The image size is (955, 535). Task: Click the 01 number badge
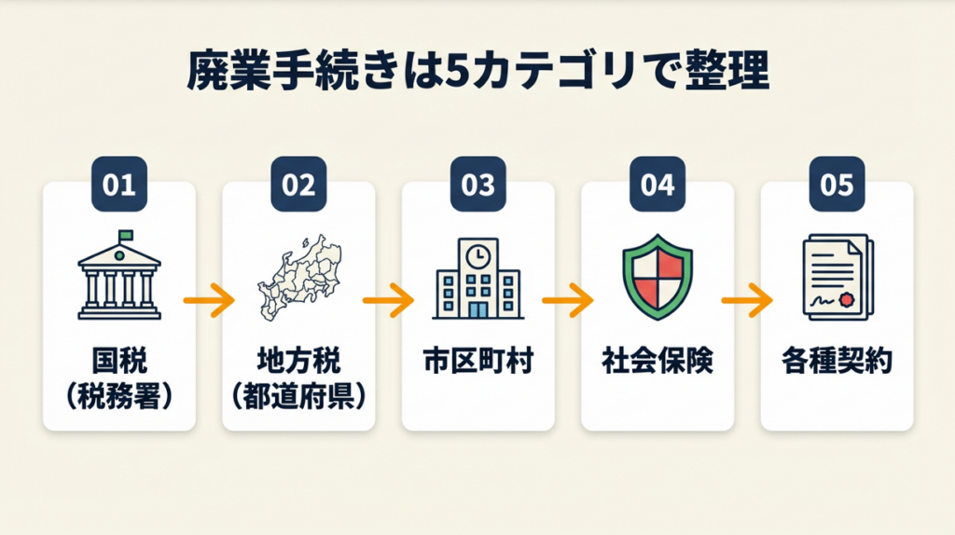coord(119,185)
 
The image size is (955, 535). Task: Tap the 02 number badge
coord(298,185)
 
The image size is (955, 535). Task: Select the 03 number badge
coord(477,185)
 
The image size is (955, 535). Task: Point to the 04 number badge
coord(657,185)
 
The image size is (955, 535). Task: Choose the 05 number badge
coord(837,185)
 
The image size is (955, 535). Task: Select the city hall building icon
coord(477,280)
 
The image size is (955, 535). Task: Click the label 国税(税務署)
coord(119,378)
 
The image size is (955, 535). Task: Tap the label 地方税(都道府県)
coord(298,378)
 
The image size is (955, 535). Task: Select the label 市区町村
coord(477,362)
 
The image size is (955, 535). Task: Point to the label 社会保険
coord(657,362)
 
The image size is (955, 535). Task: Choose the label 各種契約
coord(837,362)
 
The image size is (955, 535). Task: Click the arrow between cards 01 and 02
coord(209,300)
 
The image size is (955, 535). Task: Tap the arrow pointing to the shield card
coord(568,300)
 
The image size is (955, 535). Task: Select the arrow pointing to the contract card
coord(747,300)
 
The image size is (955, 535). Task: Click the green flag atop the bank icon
coord(125,235)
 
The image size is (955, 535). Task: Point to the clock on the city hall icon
coord(478,253)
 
